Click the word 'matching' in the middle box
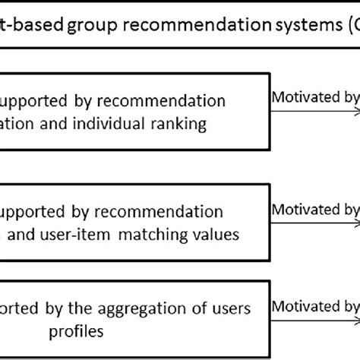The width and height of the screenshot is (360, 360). click(x=150, y=235)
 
